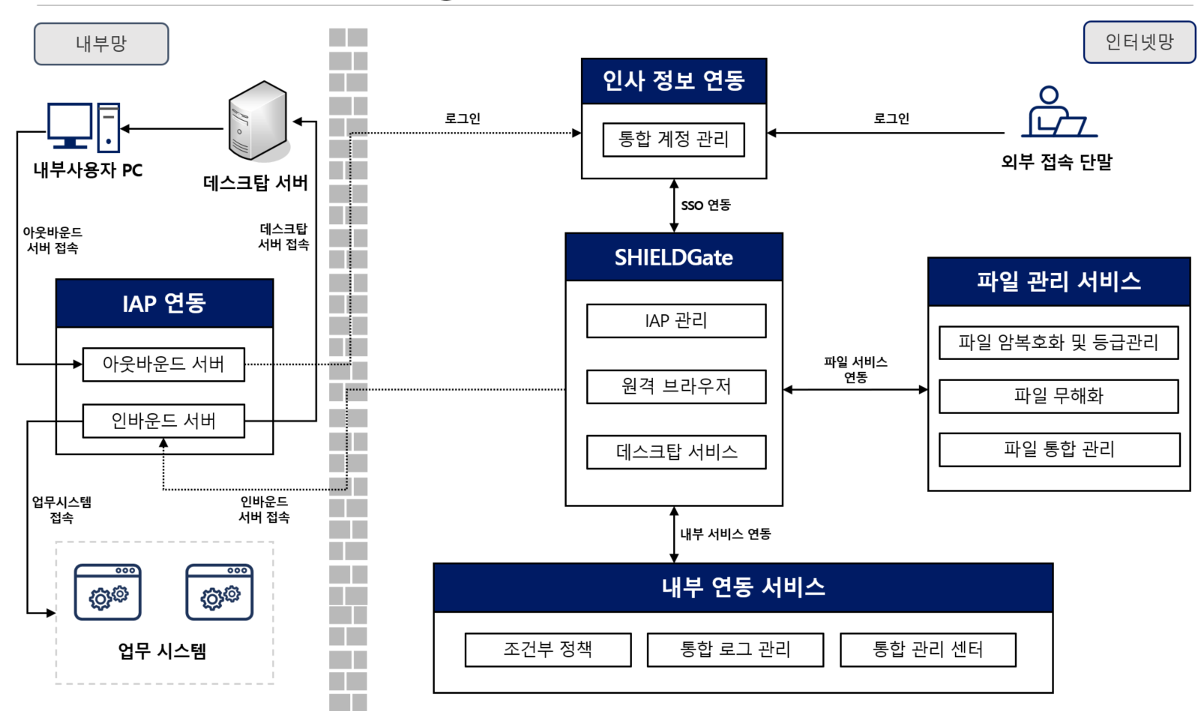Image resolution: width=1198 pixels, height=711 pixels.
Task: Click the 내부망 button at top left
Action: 101,43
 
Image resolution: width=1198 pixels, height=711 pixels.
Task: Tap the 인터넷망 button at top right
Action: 1139,42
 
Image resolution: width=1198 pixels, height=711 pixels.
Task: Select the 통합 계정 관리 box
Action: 673,139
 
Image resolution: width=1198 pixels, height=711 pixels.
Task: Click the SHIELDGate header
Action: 673,257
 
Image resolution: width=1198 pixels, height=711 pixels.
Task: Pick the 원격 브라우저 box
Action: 675,386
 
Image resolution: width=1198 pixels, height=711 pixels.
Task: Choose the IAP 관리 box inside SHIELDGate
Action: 675,321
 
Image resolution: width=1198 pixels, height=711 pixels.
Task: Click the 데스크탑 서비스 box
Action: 675,452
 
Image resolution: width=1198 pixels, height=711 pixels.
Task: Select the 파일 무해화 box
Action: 1058,396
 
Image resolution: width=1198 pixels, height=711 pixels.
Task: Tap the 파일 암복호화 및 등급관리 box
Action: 1058,343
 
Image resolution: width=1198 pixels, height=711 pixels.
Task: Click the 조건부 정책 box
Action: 547,649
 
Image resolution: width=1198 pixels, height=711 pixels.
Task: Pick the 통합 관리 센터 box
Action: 927,649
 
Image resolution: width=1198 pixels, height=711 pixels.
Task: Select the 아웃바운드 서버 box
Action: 163,364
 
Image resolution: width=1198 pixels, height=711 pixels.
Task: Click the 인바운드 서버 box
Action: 163,421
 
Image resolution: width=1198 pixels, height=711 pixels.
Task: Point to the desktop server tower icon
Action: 258,121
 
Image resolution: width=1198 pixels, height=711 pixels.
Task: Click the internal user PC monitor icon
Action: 70,125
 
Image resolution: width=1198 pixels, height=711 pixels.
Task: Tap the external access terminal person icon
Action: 1057,112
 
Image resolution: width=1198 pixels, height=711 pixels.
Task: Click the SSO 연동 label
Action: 705,205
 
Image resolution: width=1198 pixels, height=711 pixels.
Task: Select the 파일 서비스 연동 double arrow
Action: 855,389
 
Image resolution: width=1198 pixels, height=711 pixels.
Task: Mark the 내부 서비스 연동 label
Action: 725,534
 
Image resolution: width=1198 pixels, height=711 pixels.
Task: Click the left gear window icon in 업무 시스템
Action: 107,592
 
